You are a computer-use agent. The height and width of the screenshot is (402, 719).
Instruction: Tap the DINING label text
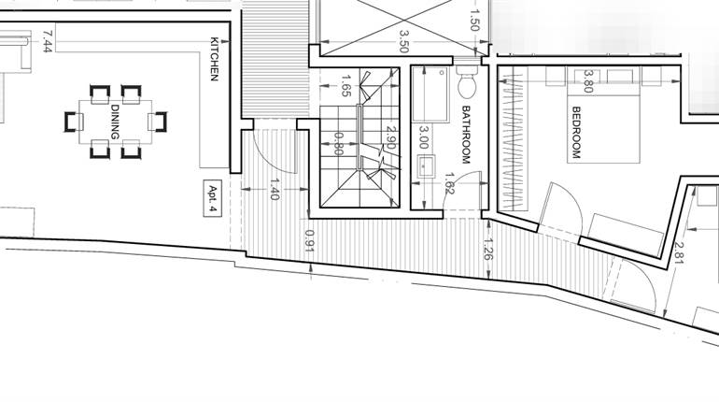coord(115,122)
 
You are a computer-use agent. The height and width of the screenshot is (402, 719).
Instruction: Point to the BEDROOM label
coord(575,132)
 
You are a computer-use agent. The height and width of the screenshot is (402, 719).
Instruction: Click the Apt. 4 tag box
coord(213,199)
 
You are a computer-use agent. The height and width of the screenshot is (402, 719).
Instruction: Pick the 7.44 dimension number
coord(47,40)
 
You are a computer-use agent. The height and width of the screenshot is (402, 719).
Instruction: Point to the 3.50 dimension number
coord(404,41)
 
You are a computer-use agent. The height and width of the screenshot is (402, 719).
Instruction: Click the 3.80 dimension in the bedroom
coord(588,81)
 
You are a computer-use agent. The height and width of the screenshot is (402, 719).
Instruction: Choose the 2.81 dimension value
coord(678,249)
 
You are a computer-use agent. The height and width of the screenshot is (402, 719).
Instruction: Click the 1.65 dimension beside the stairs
coord(345,87)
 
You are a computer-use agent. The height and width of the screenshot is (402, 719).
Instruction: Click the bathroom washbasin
coord(426,166)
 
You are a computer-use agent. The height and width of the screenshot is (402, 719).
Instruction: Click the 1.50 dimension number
coord(475,18)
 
